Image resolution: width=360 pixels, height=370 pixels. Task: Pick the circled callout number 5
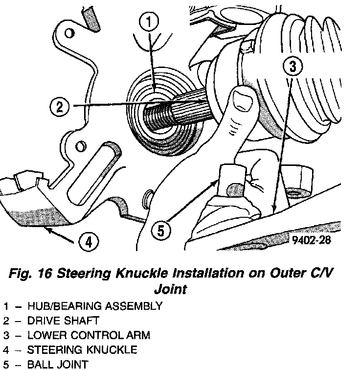click(x=162, y=230)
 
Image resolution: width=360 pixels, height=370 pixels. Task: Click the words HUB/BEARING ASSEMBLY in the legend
click(x=95, y=306)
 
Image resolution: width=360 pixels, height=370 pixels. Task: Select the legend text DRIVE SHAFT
click(x=69, y=321)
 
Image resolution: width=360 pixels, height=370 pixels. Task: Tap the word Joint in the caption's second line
click(x=171, y=289)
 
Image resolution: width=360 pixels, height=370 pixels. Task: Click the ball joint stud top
click(x=231, y=171)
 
